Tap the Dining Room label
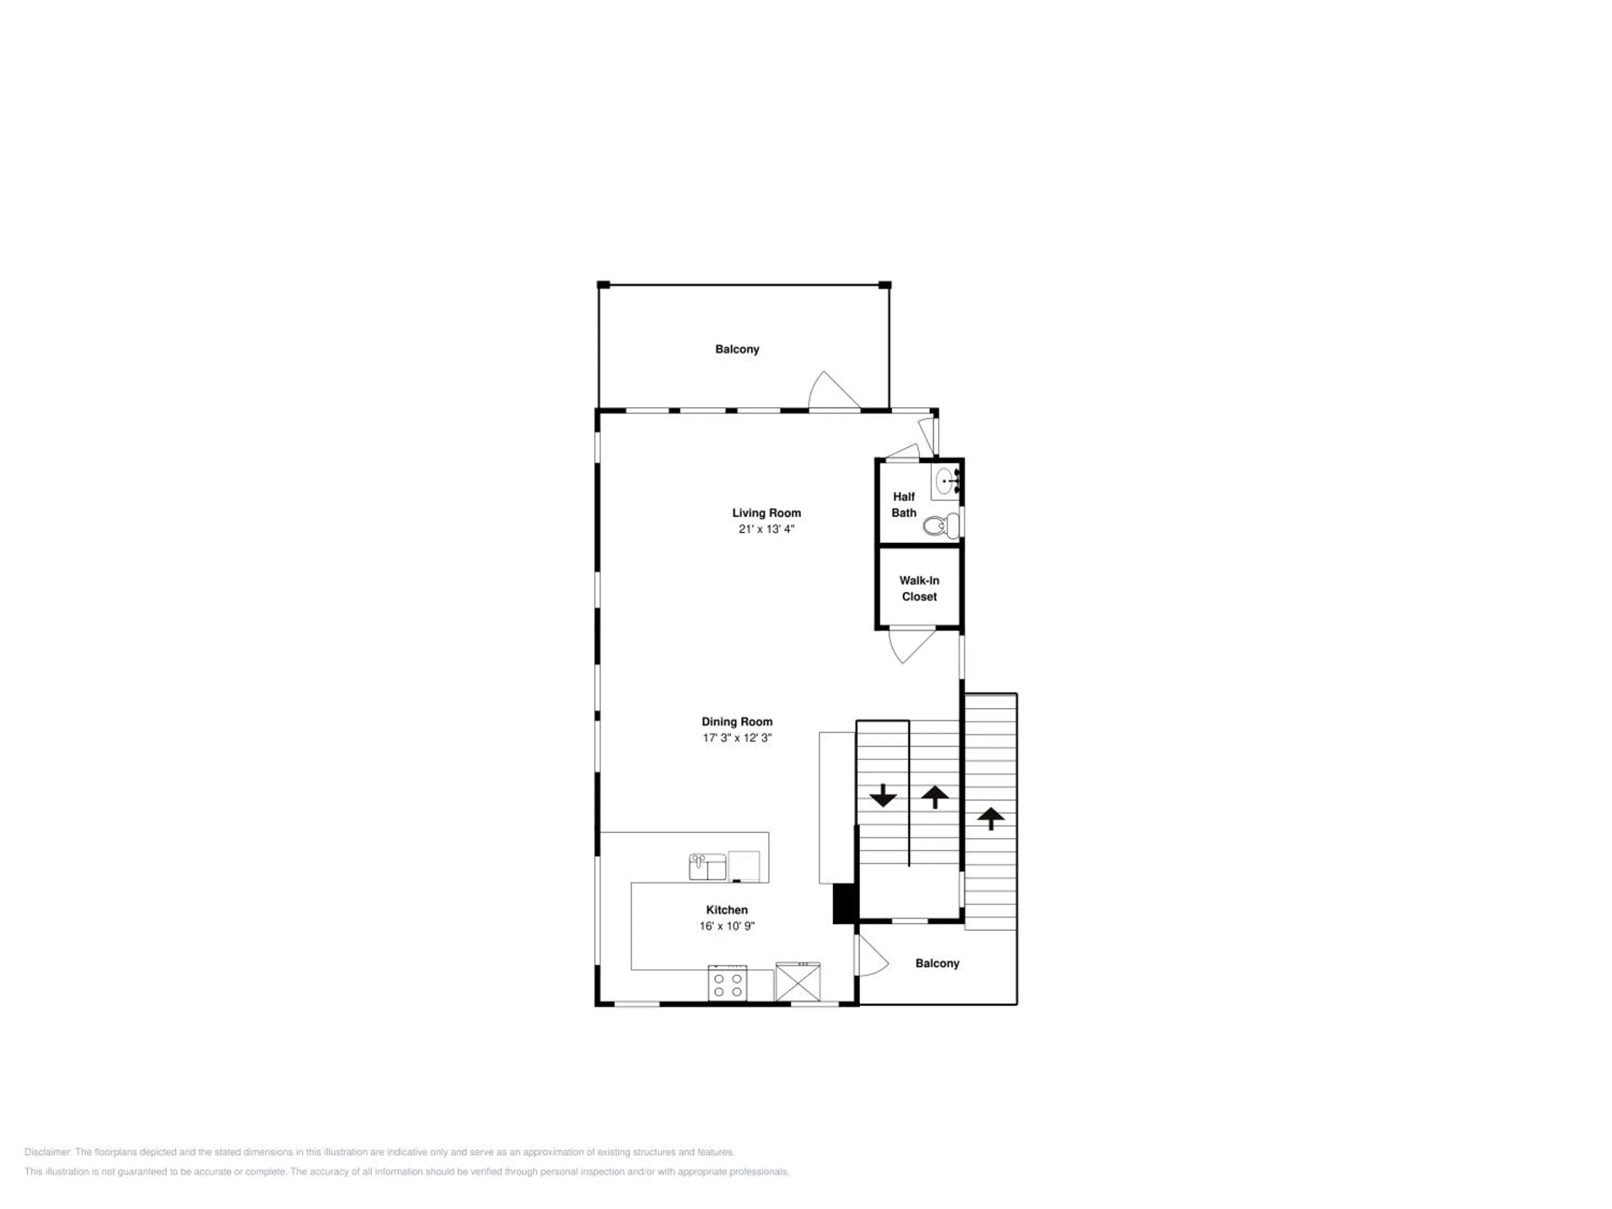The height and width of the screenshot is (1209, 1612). [x=737, y=722]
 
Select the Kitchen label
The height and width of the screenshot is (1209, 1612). [x=726, y=910]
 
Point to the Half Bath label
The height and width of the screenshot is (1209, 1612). [x=904, y=505]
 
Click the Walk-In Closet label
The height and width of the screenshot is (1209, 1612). [x=919, y=588]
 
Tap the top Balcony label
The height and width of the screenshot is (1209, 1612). [x=737, y=349]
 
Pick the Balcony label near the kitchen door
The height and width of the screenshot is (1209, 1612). [x=937, y=963]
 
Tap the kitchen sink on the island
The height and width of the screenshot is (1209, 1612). [x=707, y=867]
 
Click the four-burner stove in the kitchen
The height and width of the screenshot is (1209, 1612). [x=728, y=984]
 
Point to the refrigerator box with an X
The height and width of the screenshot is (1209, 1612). [x=797, y=982]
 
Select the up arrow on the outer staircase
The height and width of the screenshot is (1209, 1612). [x=990, y=818]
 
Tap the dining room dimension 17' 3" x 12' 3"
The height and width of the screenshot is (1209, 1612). [x=737, y=738]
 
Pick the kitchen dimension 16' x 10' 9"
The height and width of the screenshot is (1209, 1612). [x=726, y=925]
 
